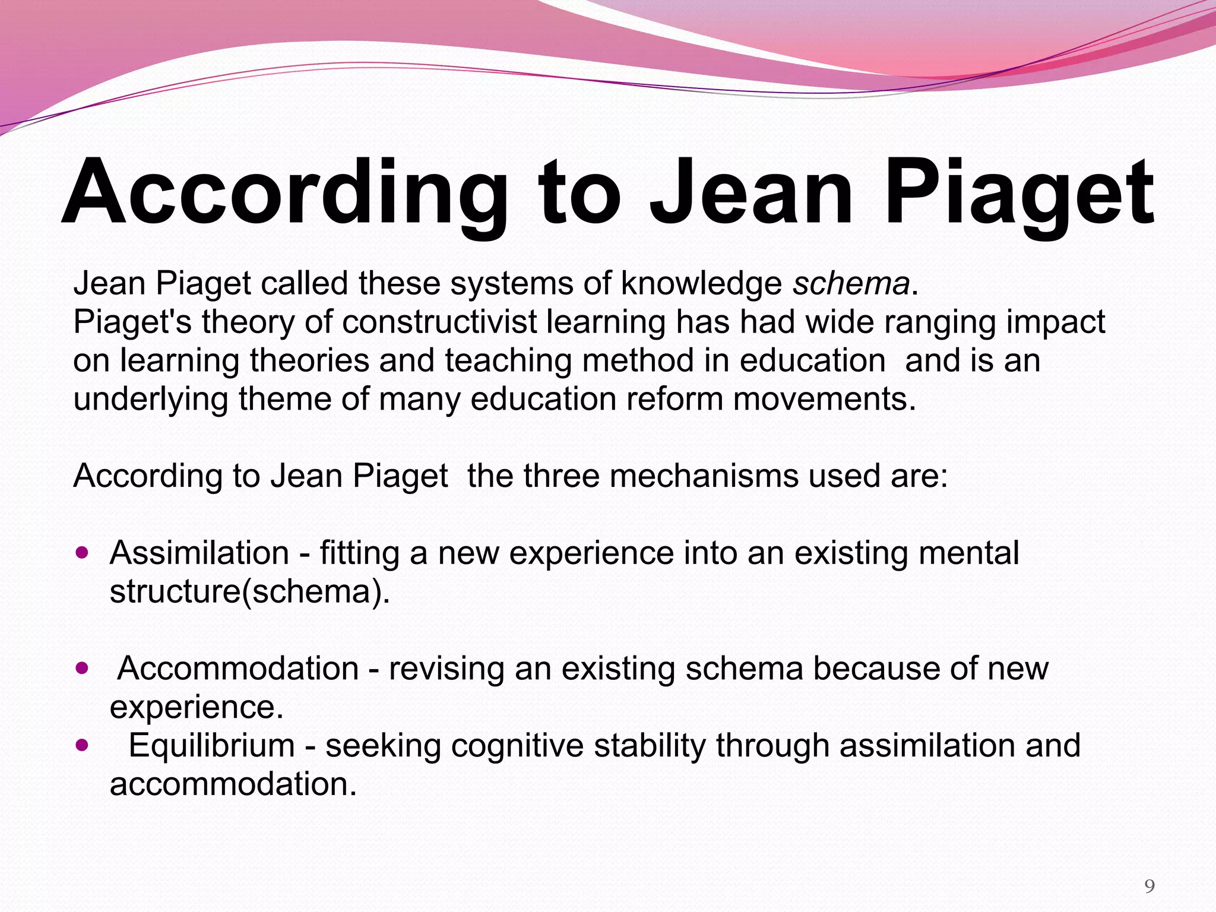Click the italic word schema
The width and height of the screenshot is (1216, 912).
851,283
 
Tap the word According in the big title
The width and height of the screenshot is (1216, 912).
284,193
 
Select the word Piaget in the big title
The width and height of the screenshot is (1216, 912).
1019,193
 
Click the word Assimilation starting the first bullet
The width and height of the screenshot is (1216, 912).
199,553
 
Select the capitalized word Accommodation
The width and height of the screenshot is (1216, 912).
238,669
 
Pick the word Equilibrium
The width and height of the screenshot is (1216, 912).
212,746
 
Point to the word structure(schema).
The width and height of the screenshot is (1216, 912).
250,592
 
